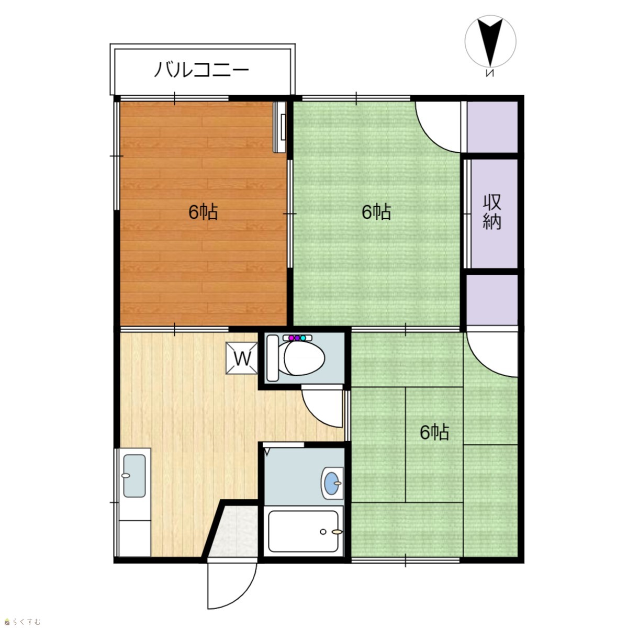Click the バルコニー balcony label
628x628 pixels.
coord(201,70)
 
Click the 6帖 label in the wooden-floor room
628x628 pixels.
coord(203,212)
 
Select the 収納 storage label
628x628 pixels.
coord(491,212)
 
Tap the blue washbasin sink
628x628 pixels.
coord(332,483)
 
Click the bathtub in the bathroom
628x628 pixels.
coord(303,531)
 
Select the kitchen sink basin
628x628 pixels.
coord(134,476)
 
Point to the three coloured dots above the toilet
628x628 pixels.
coord(297,338)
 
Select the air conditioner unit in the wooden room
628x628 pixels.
coord(279,127)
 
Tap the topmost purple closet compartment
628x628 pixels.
coord(492,127)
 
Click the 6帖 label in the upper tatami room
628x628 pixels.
coord(376,212)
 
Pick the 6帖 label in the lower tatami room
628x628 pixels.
coord(434,432)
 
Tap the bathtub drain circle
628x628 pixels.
coord(323,532)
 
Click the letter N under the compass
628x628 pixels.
coord(490,73)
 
